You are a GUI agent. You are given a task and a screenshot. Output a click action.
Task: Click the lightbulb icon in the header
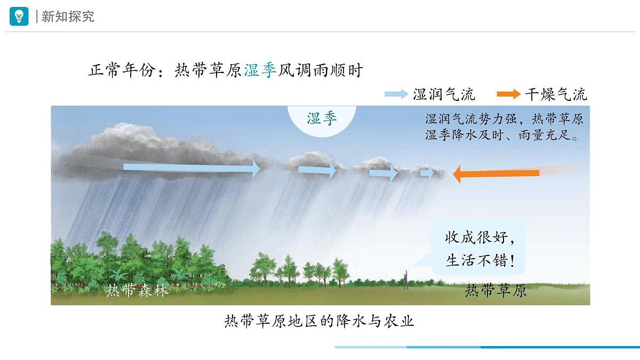click(19, 17)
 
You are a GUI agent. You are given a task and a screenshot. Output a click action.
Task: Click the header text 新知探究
click(68, 17)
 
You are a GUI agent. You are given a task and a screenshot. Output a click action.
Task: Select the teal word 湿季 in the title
click(260, 70)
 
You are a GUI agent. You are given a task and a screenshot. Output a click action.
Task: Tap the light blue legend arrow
click(396, 94)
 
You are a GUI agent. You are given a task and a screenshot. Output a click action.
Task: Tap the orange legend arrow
click(509, 94)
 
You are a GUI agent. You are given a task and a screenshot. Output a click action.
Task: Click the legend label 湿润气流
click(444, 94)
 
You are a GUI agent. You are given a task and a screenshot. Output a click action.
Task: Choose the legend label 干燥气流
click(556, 94)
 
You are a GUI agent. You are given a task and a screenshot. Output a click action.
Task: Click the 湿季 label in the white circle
click(322, 118)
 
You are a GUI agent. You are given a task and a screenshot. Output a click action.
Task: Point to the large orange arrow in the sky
click(496, 174)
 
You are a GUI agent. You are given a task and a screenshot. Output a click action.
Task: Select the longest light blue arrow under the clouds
click(191, 168)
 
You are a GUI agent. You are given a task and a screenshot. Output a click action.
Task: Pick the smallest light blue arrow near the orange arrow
click(427, 173)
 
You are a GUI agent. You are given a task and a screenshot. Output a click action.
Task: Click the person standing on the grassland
click(406, 279)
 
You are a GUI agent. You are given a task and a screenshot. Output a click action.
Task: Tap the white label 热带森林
click(137, 291)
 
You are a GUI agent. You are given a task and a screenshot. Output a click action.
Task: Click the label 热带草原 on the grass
click(495, 291)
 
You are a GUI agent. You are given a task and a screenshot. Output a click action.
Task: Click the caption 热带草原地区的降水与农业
click(319, 321)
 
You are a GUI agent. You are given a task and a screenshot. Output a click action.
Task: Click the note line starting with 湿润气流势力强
click(504, 119)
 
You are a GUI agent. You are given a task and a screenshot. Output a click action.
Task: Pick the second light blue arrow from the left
click(317, 171)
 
